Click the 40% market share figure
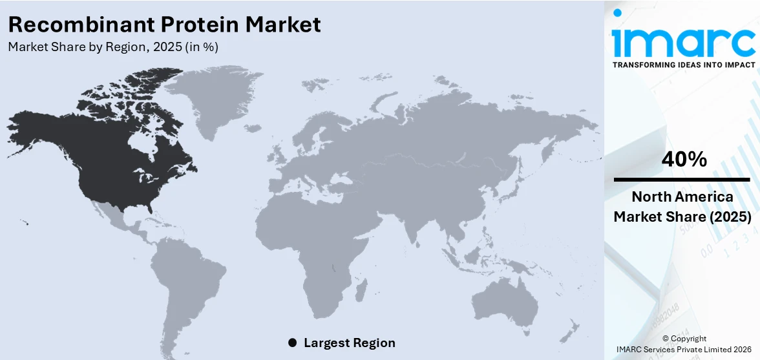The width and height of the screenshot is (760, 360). tap(684, 159)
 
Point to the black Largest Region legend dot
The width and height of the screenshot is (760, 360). tap(293, 343)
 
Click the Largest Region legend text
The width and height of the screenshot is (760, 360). tap(349, 343)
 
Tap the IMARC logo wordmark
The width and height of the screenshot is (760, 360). tap(684, 42)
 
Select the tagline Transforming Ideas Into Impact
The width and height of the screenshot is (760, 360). tap(684, 65)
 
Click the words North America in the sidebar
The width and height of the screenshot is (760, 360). tap(682, 197)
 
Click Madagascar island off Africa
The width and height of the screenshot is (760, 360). tap(363, 286)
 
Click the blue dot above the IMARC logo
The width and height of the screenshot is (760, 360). tap(617, 12)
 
